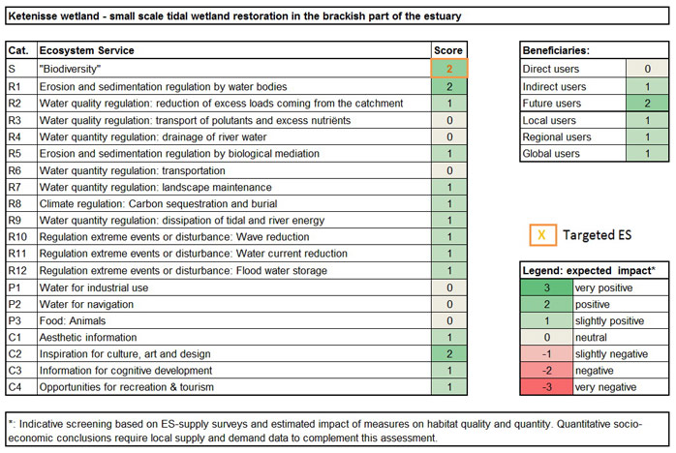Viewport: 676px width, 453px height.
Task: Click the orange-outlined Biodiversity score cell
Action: point(449,69)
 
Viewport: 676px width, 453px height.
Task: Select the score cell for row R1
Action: point(449,86)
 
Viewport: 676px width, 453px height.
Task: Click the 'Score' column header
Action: point(449,50)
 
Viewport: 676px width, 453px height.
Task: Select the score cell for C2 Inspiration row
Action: point(449,354)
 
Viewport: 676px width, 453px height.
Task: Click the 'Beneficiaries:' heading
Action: point(556,50)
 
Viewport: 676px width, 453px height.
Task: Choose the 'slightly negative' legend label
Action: point(610,354)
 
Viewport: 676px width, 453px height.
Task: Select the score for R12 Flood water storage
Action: point(449,270)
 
